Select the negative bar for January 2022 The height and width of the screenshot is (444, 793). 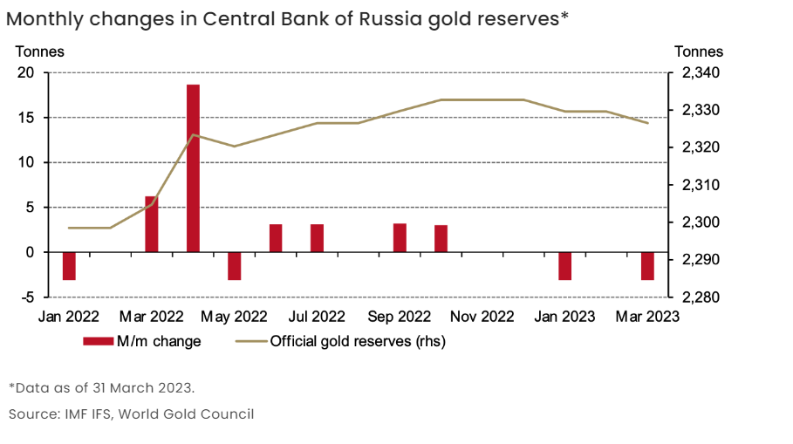click(69, 266)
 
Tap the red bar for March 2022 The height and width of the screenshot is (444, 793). click(152, 224)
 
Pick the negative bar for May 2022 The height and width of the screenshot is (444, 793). click(234, 266)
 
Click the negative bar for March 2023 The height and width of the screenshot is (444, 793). click(647, 266)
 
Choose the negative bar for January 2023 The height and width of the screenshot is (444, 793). click(565, 266)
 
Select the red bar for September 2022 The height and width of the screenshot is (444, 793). click(400, 238)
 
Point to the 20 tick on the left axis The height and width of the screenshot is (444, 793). click(26, 72)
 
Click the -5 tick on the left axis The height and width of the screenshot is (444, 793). click(26, 297)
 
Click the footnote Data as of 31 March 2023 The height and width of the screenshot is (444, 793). click(103, 387)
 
